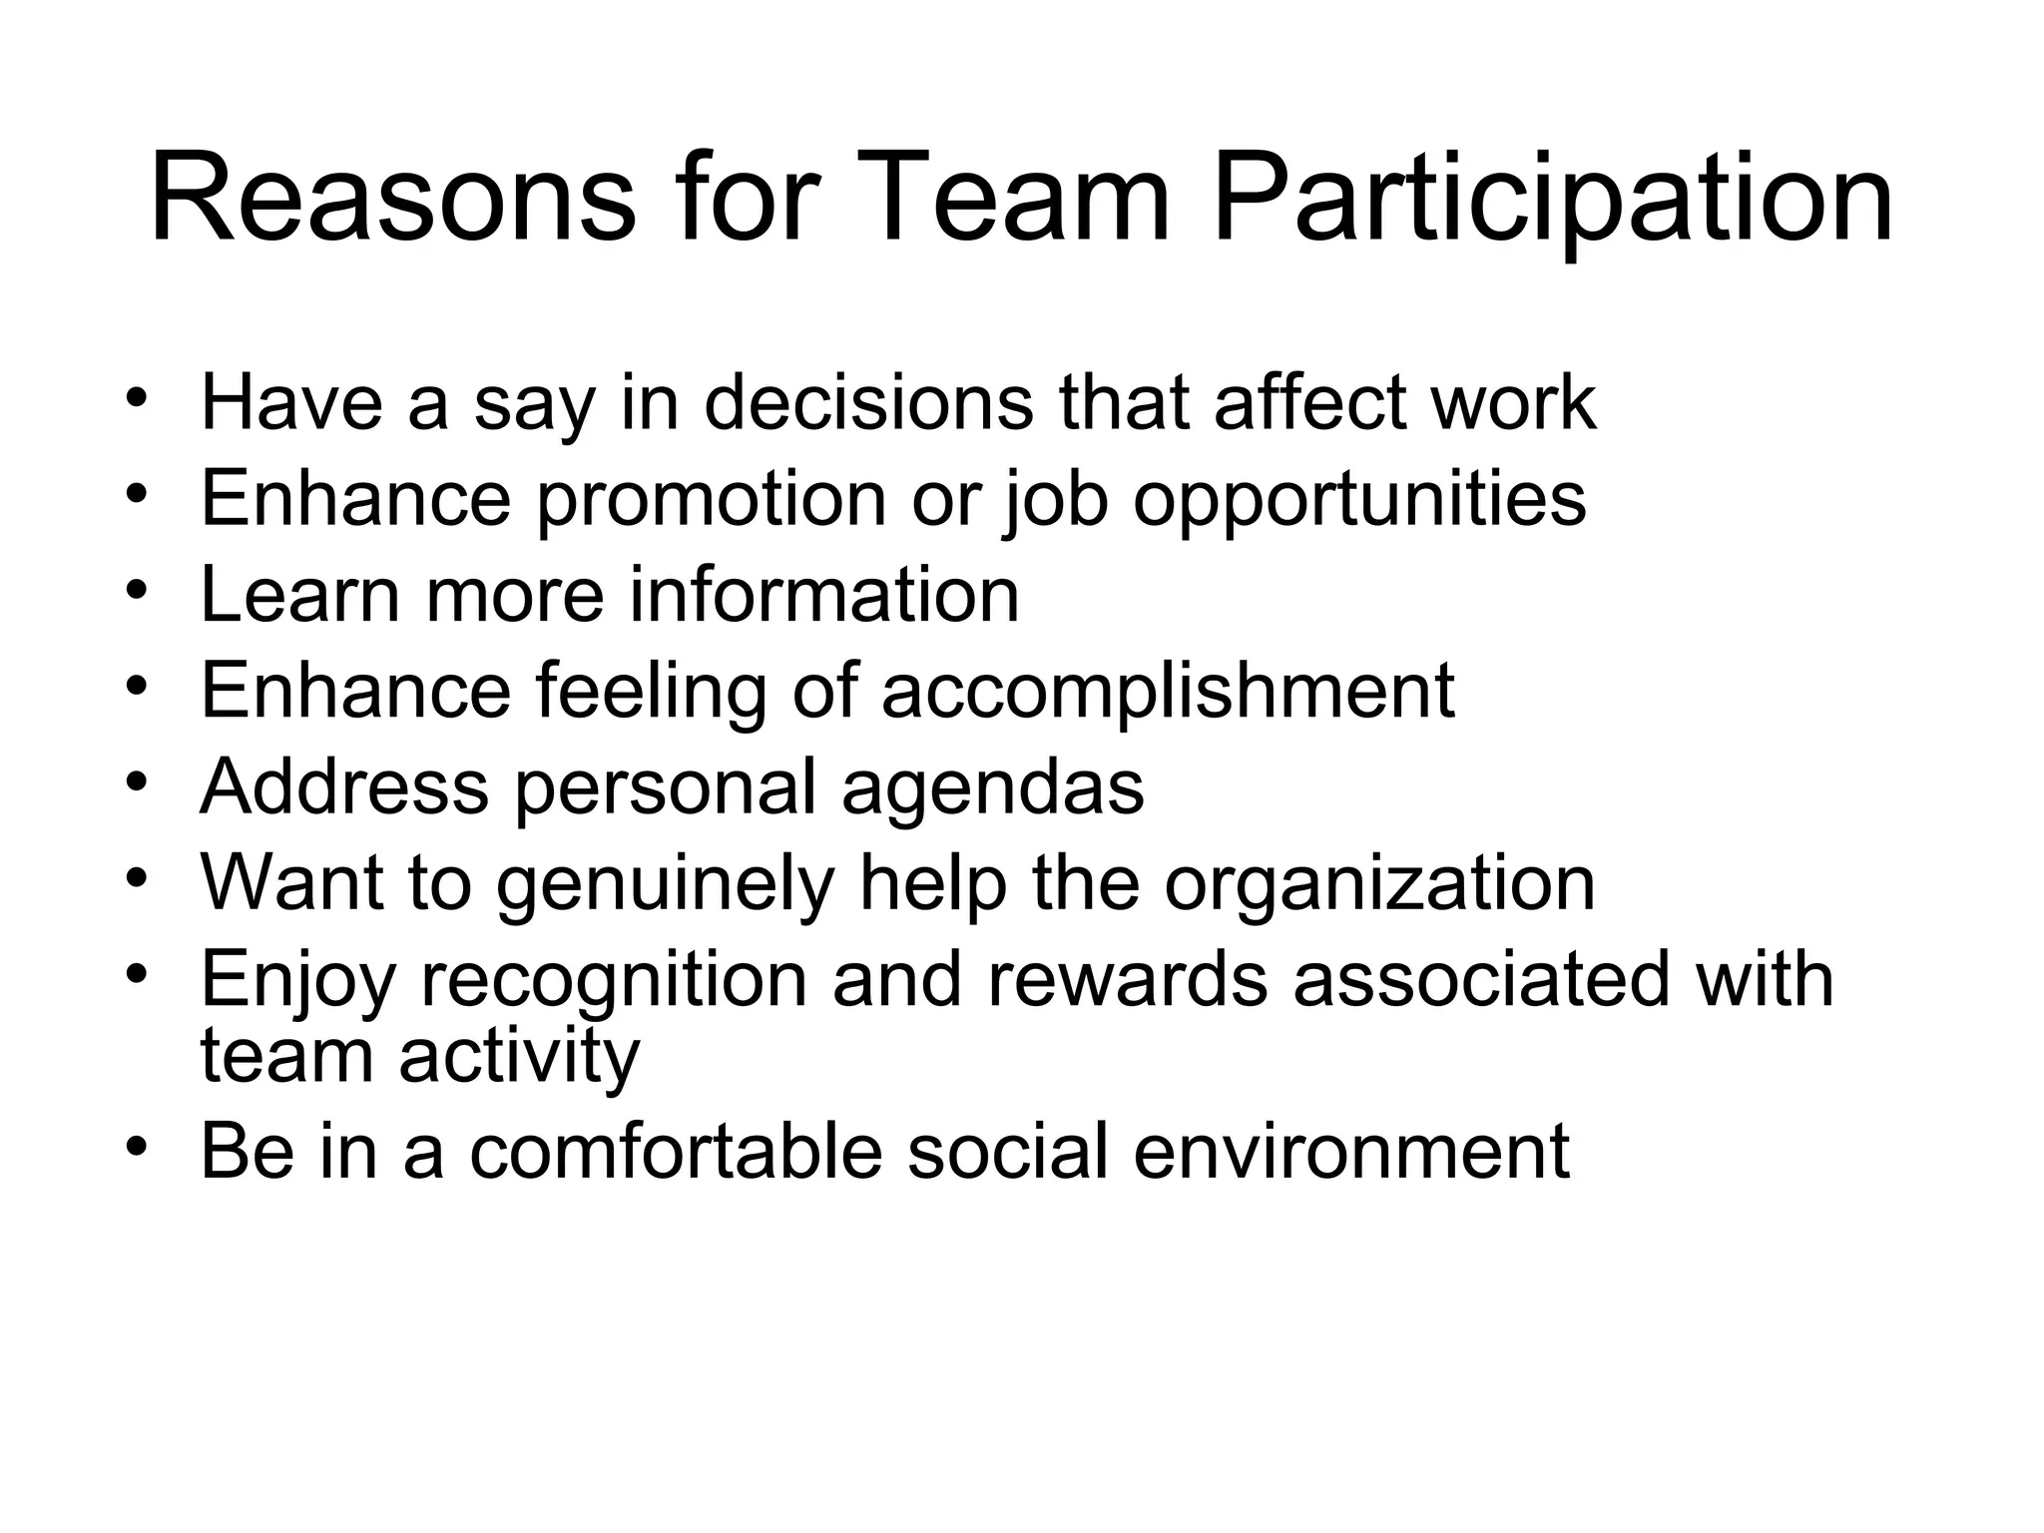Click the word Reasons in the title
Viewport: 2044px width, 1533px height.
392,199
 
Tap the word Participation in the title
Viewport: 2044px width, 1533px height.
1552,199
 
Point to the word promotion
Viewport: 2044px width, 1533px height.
711,499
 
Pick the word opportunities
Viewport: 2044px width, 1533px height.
1359,499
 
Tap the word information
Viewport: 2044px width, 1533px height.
824,595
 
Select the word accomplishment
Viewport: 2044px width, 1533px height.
1168,691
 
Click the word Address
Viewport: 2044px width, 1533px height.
344,786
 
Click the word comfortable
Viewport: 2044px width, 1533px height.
676,1152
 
